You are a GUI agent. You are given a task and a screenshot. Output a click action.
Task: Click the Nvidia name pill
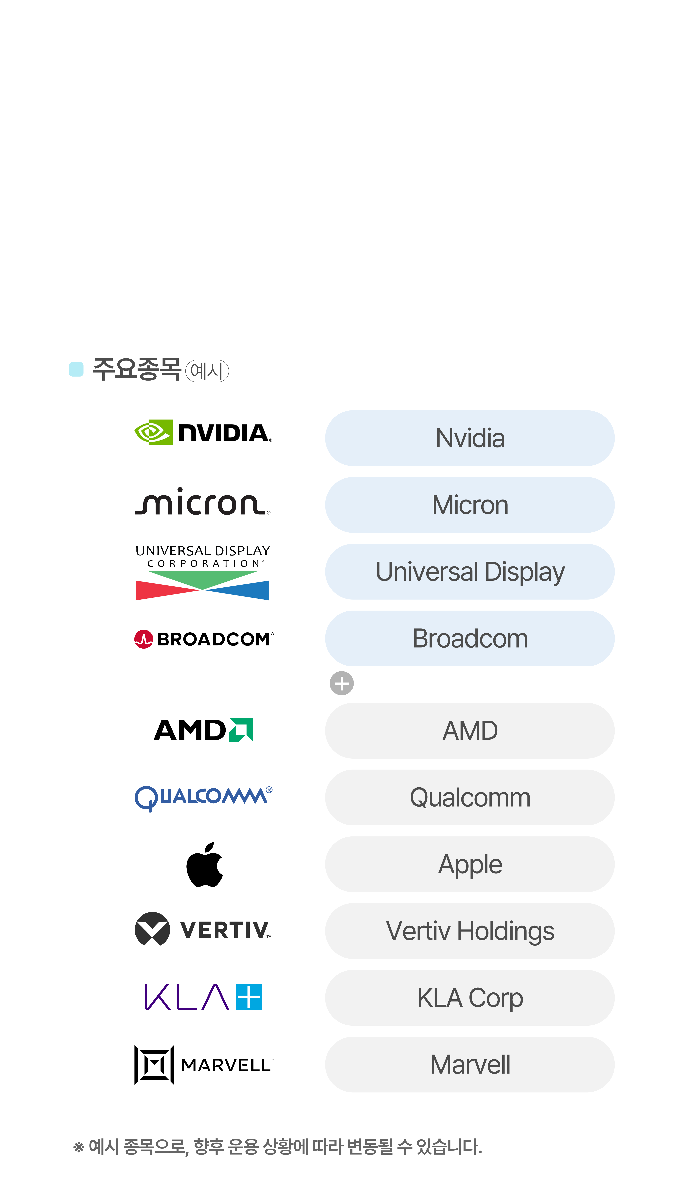(x=470, y=438)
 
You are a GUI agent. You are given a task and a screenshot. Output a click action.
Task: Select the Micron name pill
(x=470, y=505)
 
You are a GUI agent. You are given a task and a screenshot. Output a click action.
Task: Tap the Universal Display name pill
(x=470, y=571)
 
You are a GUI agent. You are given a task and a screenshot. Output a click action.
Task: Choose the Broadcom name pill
(x=470, y=638)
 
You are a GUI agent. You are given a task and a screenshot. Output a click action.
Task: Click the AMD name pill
(x=470, y=730)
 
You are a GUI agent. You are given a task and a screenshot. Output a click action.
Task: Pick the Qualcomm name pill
(x=470, y=797)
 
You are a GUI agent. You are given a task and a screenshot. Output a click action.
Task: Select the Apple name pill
(x=470, y=864)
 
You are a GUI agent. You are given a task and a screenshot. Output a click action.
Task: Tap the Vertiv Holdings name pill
(x=470, y=930)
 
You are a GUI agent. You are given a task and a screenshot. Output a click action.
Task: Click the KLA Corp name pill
(x=470, y=997)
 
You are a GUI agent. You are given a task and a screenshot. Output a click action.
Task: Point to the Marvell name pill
(x=470, y=1064)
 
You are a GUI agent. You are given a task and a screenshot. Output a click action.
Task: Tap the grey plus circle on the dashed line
(x=342, y=683)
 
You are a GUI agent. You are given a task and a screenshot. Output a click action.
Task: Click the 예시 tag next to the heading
(x=207, y=371)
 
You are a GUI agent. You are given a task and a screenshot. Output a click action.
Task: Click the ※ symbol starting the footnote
(x=79, y=1147)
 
